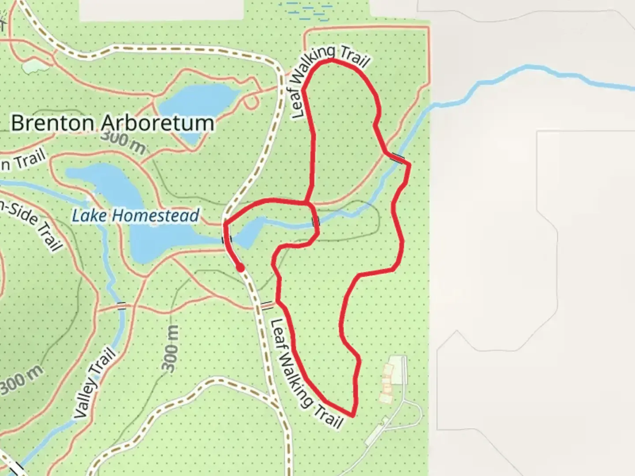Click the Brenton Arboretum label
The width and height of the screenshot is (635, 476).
coord(112,123)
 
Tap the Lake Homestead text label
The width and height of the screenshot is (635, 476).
coord(135,216)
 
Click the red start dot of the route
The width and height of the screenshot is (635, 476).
coord(240,268)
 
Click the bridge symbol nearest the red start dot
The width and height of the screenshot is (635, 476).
coord(227,239)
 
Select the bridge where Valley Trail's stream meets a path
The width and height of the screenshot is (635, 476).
coord(121,305)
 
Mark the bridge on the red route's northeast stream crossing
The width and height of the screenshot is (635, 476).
coord(398,158)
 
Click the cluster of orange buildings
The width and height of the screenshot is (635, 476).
coord(387,383)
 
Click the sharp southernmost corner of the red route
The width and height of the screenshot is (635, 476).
coord(352,415)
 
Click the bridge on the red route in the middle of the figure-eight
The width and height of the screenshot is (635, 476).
coord(316,221)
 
